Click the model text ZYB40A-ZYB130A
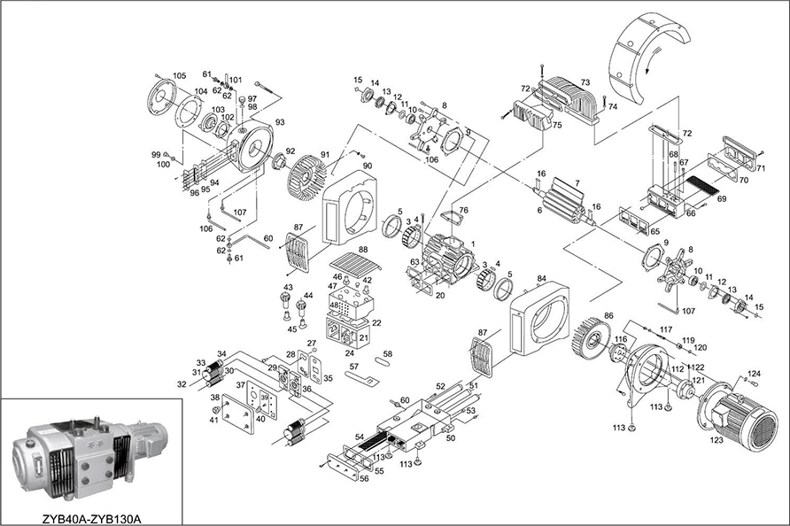[93, 513]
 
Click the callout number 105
[180, 75]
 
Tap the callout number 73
[585, 81]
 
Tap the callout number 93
[280, 122]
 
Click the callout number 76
[463, 210]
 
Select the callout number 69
[722, 199]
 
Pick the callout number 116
[620, 339]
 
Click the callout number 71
[759, 166]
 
